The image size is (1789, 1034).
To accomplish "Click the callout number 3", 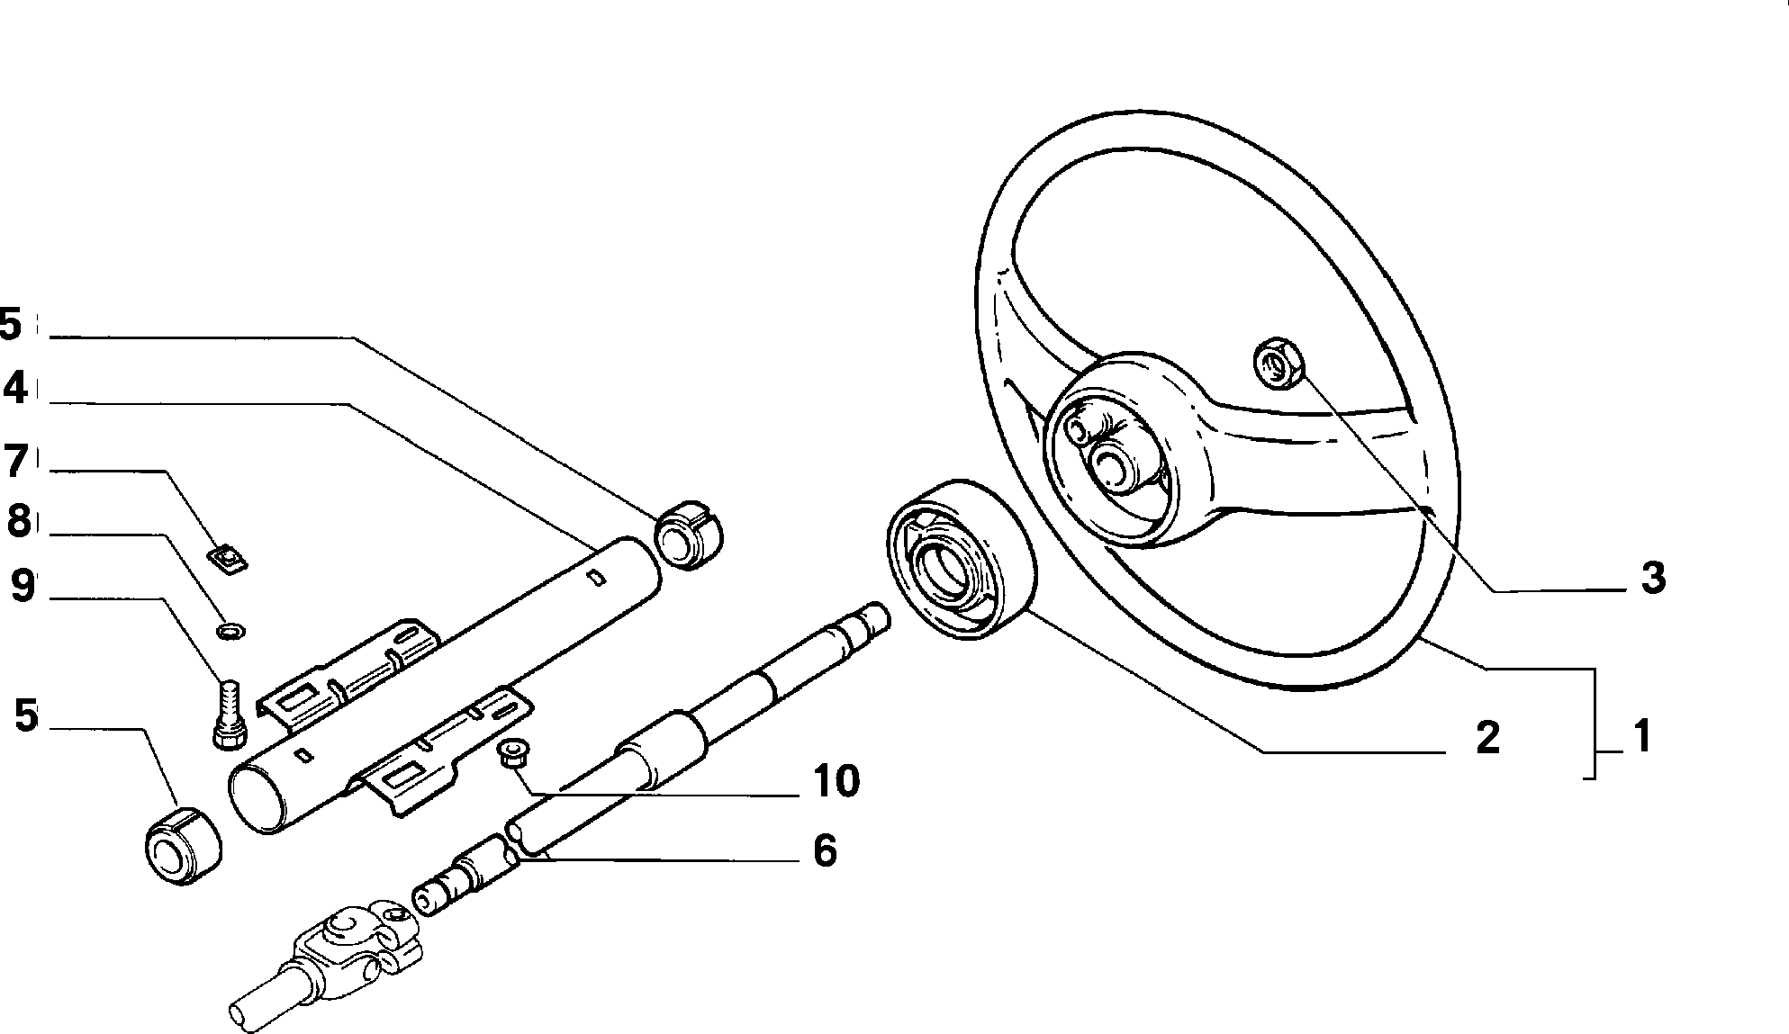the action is [x=1652, y=578].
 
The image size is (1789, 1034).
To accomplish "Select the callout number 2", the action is [x=1488, y=737].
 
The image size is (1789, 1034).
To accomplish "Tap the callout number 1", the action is [x=1642, y=736].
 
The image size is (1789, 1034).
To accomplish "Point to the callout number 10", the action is [x=836, y=781].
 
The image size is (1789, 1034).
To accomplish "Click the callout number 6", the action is [x=825, y=850].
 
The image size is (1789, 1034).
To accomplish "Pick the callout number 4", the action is [x=15, y=389].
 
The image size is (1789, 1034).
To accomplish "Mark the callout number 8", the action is [x=19, y=522].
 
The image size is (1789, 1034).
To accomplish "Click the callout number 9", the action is [x=23, y=587].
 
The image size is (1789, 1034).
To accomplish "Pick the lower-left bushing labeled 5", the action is [x=184, y=847].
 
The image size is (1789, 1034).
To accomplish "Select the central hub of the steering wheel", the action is [x=1116, y=448].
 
